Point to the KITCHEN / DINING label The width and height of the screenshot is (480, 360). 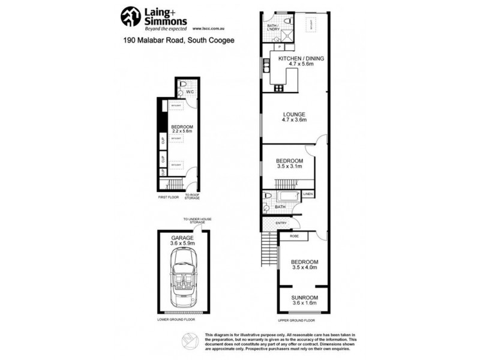300,58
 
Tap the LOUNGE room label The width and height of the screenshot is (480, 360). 295,115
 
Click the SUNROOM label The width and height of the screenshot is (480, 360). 305,298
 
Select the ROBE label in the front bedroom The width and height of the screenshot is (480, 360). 295,236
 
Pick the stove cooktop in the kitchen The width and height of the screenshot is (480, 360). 278,89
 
